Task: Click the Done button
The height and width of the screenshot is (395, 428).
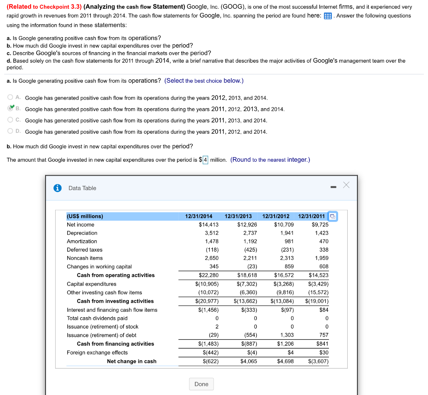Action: (201, 384)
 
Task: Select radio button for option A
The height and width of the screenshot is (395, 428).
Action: (10, 97)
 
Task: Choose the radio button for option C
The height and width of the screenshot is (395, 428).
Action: (10, 120)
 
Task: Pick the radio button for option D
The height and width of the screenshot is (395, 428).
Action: (10, 131)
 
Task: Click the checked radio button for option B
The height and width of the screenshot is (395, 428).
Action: (11, 108)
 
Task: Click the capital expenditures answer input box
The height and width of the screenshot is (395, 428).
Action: (205, 160)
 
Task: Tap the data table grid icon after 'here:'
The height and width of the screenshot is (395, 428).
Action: (328, 16)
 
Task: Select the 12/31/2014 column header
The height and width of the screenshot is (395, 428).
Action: (199, 216)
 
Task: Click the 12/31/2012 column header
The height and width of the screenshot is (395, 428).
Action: (276, 216)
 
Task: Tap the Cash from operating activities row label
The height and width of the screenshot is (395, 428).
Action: (115, 275)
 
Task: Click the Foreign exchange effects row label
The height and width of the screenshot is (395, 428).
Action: (97, 352)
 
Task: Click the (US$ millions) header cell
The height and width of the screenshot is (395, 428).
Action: (85, 216)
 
